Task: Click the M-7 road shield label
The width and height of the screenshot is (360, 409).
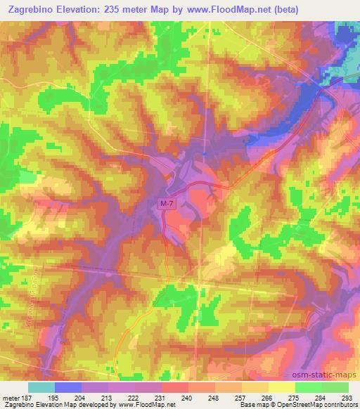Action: tap(165, 204)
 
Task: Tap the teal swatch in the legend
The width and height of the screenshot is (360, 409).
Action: tap(41, 387)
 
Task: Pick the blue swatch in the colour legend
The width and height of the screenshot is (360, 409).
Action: tap(68, 387)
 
